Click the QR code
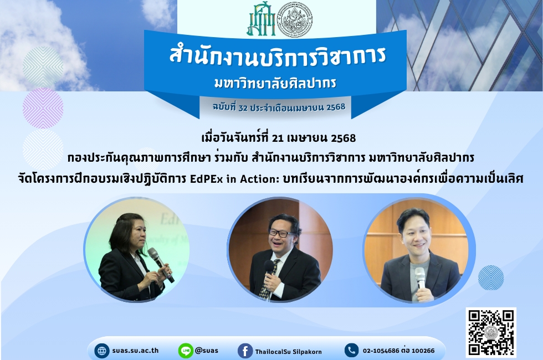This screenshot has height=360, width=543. pyautogui.click(x=491, y=333)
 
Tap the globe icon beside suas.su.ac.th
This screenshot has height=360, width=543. pyautogui.click(x=102, y=351)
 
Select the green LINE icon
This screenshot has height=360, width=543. pyautogui.click(x=186, y=351)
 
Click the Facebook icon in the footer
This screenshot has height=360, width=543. pyautogui.click(x=245, y=351)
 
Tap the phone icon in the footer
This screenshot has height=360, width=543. pyautogui.click(x=351, y=350)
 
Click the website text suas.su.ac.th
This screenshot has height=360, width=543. pyautogui.click(x=135, y=350)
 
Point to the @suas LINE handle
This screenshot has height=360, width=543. pyautogui.click(x=207, y=350)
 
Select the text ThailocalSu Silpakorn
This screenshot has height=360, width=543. pyautogui.click(x=289, y=352)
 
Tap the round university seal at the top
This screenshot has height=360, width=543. pyautogui.click(x=295, y=20)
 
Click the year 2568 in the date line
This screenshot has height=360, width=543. pyautogui.click(x=343, y=138)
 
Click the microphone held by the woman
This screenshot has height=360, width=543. pyautogui.click(x=160, y=265)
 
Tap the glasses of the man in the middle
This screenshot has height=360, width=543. pyautogui.click(x=281, y=233)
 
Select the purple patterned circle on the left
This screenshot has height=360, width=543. pyautogui.click(x=43, y=108)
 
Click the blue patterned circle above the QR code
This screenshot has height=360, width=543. pyautogui.click(x=491, y=277)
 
